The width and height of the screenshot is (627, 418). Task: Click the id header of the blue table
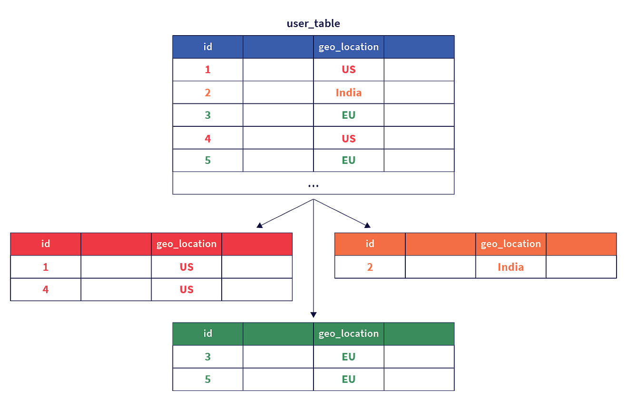[x=208, y=47]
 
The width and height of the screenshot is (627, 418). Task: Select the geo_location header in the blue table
[x=349, y=47]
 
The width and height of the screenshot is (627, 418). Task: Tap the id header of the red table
[x=46, y=244]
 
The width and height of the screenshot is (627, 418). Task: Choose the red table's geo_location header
[x=186, y=244]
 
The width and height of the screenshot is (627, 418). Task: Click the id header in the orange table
[x=370, y=244]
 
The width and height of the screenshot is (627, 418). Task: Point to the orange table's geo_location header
[x=511, y=244]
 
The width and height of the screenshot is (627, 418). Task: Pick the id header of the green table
[x=208, y=334]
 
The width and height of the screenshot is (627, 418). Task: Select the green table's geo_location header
[x=349, y=334]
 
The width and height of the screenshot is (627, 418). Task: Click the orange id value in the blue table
[x=208, y=92]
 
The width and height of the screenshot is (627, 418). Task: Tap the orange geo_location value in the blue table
[x=349, y=92]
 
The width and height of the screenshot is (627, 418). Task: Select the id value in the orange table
[x=371, y=267]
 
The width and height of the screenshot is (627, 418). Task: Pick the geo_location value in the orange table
[x=511, y=267]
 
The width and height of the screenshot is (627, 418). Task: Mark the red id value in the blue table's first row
[x=208, y=70]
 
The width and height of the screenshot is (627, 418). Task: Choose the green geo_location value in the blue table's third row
[x=349, y=115]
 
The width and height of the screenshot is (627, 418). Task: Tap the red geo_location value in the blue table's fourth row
[x=349, y=138]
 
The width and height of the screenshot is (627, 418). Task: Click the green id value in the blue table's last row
[x=208, y=161]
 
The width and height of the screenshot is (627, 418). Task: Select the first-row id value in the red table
[x=46, y=267]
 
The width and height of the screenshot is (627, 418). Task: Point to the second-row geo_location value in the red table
[x=186, y=289]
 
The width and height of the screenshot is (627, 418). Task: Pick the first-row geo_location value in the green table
[x=349, y=356]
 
